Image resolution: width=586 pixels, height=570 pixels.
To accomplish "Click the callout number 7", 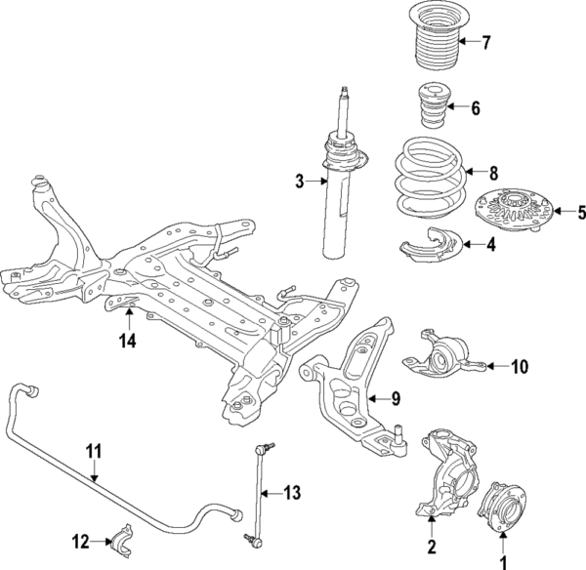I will [483, 42].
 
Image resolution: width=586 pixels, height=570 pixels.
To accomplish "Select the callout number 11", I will [93, 451].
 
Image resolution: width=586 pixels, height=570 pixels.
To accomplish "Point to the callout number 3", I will [301, 180].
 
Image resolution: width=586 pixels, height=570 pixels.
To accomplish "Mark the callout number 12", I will [81, 539].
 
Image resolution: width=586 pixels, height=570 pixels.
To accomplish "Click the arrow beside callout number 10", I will [496, 367].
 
